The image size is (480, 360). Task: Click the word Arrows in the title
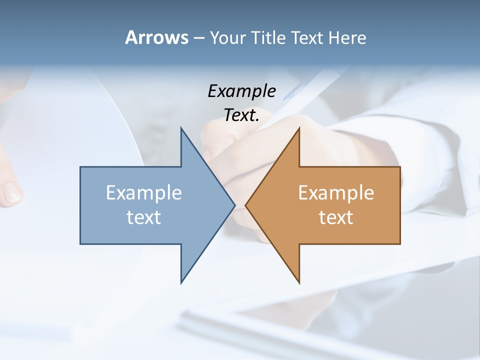156,37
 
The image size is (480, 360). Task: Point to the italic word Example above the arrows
241,91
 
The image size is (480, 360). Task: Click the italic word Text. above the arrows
241,115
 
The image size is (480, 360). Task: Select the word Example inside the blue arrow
144,192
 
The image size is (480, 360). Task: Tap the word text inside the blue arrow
144,217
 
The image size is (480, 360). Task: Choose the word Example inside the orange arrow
336,192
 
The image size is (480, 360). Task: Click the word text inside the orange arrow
336,217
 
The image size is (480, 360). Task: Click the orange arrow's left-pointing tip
246,205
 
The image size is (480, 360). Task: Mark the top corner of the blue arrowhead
181,129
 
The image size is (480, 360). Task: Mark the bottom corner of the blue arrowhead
181,282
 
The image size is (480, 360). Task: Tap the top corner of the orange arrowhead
298,129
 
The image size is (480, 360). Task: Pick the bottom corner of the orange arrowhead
298,282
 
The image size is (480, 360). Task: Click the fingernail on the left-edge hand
11,192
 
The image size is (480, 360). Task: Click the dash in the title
198,38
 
